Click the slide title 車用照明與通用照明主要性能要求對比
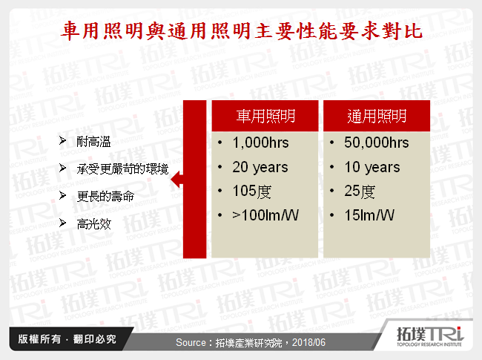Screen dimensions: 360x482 [242, 30]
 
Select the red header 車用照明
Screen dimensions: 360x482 [265, 117]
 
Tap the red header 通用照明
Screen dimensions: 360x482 [377, 117]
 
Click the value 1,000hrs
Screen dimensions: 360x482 [260, 143]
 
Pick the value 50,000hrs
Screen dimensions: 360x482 [376, 143]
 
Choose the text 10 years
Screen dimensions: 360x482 [372, 168]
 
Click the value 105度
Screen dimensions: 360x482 [252, 192]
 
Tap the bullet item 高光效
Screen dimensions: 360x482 [93, 223]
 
